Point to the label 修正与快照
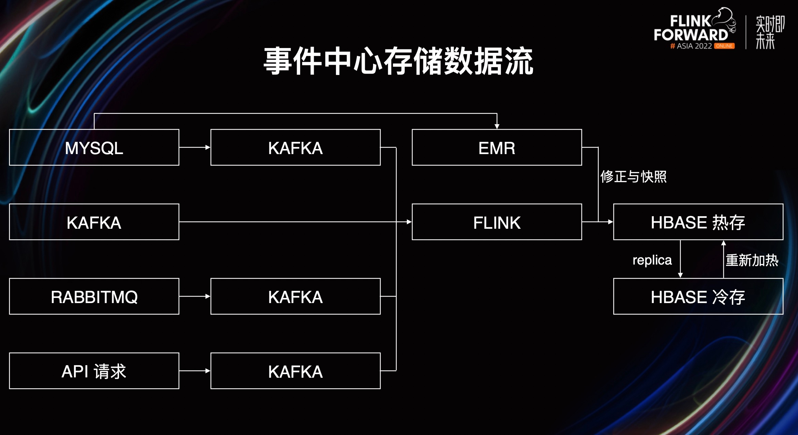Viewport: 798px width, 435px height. [x=634, y=177]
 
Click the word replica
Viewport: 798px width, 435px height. [x=652, y=260]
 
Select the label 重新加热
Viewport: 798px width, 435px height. [x=752, y=260]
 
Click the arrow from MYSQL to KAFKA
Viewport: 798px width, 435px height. [x=195, y=147]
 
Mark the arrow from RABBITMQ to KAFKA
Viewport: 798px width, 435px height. [x=195, y=296]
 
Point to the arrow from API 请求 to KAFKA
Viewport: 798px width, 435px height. [x=195, y=371]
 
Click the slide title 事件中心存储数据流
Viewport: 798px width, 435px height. [x=398, y=61]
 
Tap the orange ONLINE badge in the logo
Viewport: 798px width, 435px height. [x=724, y=46]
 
